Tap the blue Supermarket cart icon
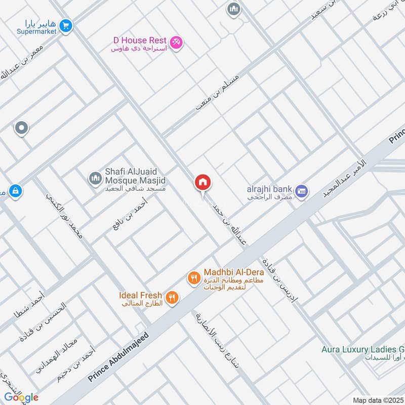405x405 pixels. click(65, 25)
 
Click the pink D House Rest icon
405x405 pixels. click(176, 43)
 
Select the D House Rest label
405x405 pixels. click(140, 39)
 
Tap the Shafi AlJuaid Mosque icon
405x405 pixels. click(95, 178)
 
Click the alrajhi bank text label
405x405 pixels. click(269, 189)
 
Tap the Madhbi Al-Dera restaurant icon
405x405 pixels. click(193, 277)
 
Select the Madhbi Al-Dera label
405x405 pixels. click(234, 272)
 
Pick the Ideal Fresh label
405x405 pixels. click(141, 295)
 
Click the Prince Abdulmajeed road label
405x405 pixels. click(120, 357)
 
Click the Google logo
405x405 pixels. click(21, 397)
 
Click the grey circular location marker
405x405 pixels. click(21, 129)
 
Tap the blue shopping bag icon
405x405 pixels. click(16, 191)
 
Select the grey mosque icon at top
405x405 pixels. click(233, 9)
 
